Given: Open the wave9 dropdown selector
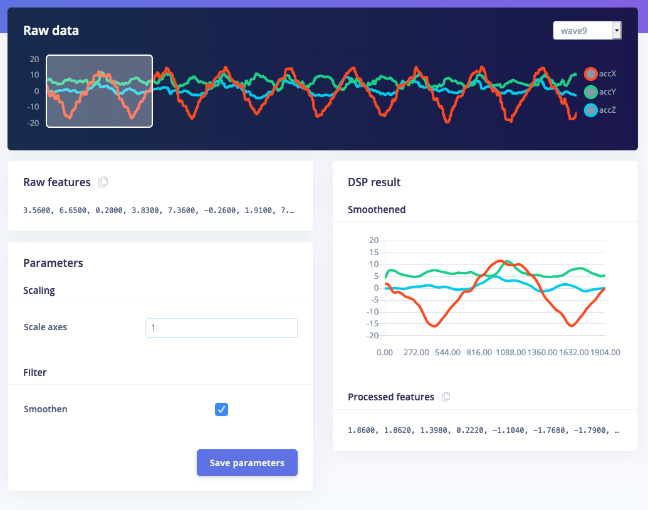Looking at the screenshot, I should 587,30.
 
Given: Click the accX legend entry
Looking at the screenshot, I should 600,74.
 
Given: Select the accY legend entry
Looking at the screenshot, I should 600,92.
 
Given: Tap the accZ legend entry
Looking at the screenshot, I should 600,110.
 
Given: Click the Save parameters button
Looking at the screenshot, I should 247,463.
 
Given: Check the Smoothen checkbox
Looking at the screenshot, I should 221,409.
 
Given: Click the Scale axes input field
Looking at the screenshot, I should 221,328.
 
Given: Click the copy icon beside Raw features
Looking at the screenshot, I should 103,182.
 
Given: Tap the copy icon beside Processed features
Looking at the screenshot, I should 446,397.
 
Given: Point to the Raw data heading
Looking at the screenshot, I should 51,30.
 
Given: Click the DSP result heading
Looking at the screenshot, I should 374,182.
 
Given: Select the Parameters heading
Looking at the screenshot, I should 53,263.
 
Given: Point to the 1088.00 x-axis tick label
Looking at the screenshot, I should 511,353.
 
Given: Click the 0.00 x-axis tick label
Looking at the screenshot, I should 385,353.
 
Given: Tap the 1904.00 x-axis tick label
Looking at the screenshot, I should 605,353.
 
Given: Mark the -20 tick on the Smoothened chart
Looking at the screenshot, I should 374,336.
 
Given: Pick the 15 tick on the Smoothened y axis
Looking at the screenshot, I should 375,252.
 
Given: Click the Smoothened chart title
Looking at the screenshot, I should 377,210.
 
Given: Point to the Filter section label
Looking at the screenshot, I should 35,372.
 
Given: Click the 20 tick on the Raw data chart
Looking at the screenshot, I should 34,60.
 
